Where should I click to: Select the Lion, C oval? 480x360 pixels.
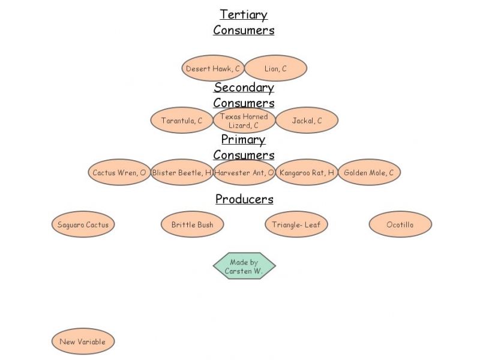pyautogui.click(x=276, y=68)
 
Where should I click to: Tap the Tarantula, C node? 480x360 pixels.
pyautogui.click(x=182, y=121)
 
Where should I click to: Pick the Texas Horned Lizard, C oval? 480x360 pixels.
pyautogui.click(x=244, y=121)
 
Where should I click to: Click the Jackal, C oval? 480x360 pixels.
pyautogui.click(x=307, y=121)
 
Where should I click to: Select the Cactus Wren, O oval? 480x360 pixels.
pyautogui.click(x=119, y=173)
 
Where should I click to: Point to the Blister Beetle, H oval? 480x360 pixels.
pyautogui.click(x=182, y=173)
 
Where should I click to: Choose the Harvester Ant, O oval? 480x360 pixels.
pyautogui.click(x=244, y=173)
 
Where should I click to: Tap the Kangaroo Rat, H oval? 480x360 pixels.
pyautogui.click(x=307, y=173)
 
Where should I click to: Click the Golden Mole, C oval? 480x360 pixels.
pyautogui.click(x=369, y=173)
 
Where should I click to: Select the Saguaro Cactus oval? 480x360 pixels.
pyautogui.click(x=83, y=225)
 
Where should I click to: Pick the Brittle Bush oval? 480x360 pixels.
pyautogui.click(x=193, y=225)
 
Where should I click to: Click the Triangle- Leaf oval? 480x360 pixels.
pyautogui.click(x=296, y=225)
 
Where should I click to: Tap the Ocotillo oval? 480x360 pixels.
pyautogui.click(x=400, y=225)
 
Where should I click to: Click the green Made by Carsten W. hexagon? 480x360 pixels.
pyautogui.click(x=244, y=266)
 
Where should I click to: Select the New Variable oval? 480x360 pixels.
pyautogui.click(x=83, y=342)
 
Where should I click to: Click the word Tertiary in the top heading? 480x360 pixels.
pyautogui.click(x=244, y=14)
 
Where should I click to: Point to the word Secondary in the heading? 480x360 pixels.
pyautogui.click(x=244, y=88)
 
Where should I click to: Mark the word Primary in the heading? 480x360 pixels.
pyautogui.click(x=244, y=140)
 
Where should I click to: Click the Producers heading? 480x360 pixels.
pyautogui.click(x=244, y=199)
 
